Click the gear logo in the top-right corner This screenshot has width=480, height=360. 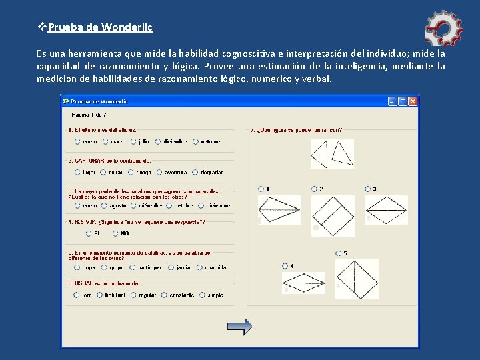443,28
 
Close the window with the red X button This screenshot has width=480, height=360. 413,101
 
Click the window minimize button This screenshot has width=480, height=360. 393,101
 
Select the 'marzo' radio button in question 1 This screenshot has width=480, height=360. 105,141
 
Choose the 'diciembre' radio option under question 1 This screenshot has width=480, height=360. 158,141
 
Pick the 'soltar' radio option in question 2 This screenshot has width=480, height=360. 103,172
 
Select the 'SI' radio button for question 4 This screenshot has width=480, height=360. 89,233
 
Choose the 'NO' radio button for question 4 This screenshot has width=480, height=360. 116,233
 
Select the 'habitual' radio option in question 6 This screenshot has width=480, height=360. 100,295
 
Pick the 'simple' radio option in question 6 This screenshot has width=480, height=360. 202,295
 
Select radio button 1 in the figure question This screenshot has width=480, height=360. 261,189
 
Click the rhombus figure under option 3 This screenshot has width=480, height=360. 387,210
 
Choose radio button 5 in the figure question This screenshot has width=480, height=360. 339,253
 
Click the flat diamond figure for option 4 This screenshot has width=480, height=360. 303,283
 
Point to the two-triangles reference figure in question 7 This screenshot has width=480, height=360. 332,154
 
